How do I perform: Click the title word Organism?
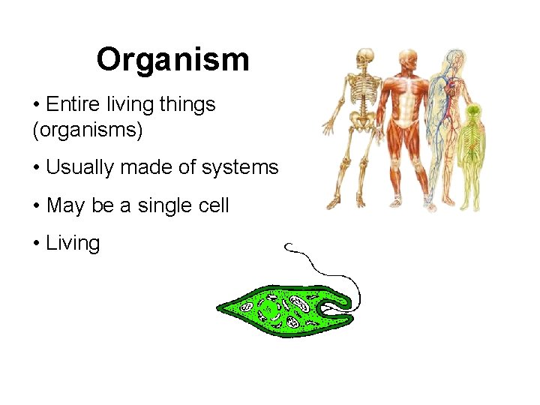click(172, 59)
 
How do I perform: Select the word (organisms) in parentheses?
click(87, 130)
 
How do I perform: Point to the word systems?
click(239, 167)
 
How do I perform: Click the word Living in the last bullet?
click(73, 243)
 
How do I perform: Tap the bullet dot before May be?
click(37, 205)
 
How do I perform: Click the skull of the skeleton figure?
click(364, 57)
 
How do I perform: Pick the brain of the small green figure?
click(472, 112)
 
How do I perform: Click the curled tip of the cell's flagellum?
click(290, 247)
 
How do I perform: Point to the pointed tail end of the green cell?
click(220, 307)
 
